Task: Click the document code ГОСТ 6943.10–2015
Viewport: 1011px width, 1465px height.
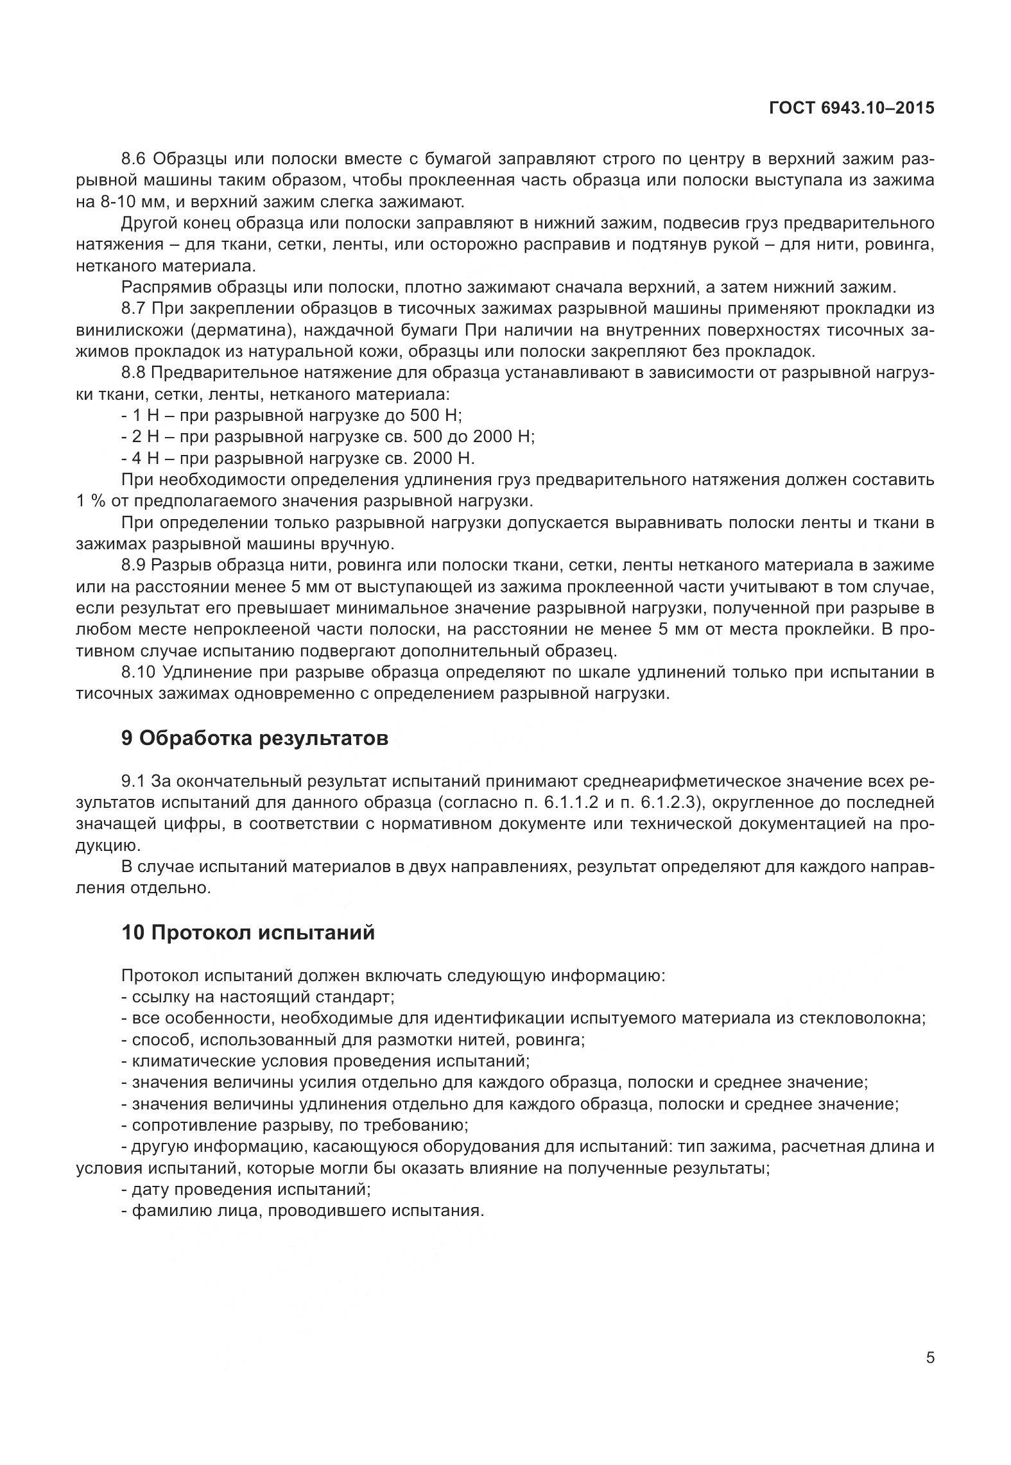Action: pyautogui.click(x=851, y=108)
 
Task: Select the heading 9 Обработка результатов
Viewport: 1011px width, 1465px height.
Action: pyautogui.click(x=255, y=738)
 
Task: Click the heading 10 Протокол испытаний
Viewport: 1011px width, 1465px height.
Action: pyautogui.click(x=248, y=932)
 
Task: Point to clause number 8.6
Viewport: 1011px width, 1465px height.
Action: pyautogui.click(x=134, y=159)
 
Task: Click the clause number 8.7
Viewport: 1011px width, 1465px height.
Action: pyautogui.click(x=134, y=309)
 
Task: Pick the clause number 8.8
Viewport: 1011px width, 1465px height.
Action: pyautogui.click(x=134, y=373)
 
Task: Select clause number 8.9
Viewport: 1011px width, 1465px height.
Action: pyautogui.click(x=134, y=565)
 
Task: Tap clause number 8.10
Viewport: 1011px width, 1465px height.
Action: pyautogui.click(x=138, y=673)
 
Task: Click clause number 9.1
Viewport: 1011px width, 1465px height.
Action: pyautogui.click(x=134, y=781)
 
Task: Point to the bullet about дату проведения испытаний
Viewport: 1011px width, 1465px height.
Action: pyautogui.click(x=246, y=1189)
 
